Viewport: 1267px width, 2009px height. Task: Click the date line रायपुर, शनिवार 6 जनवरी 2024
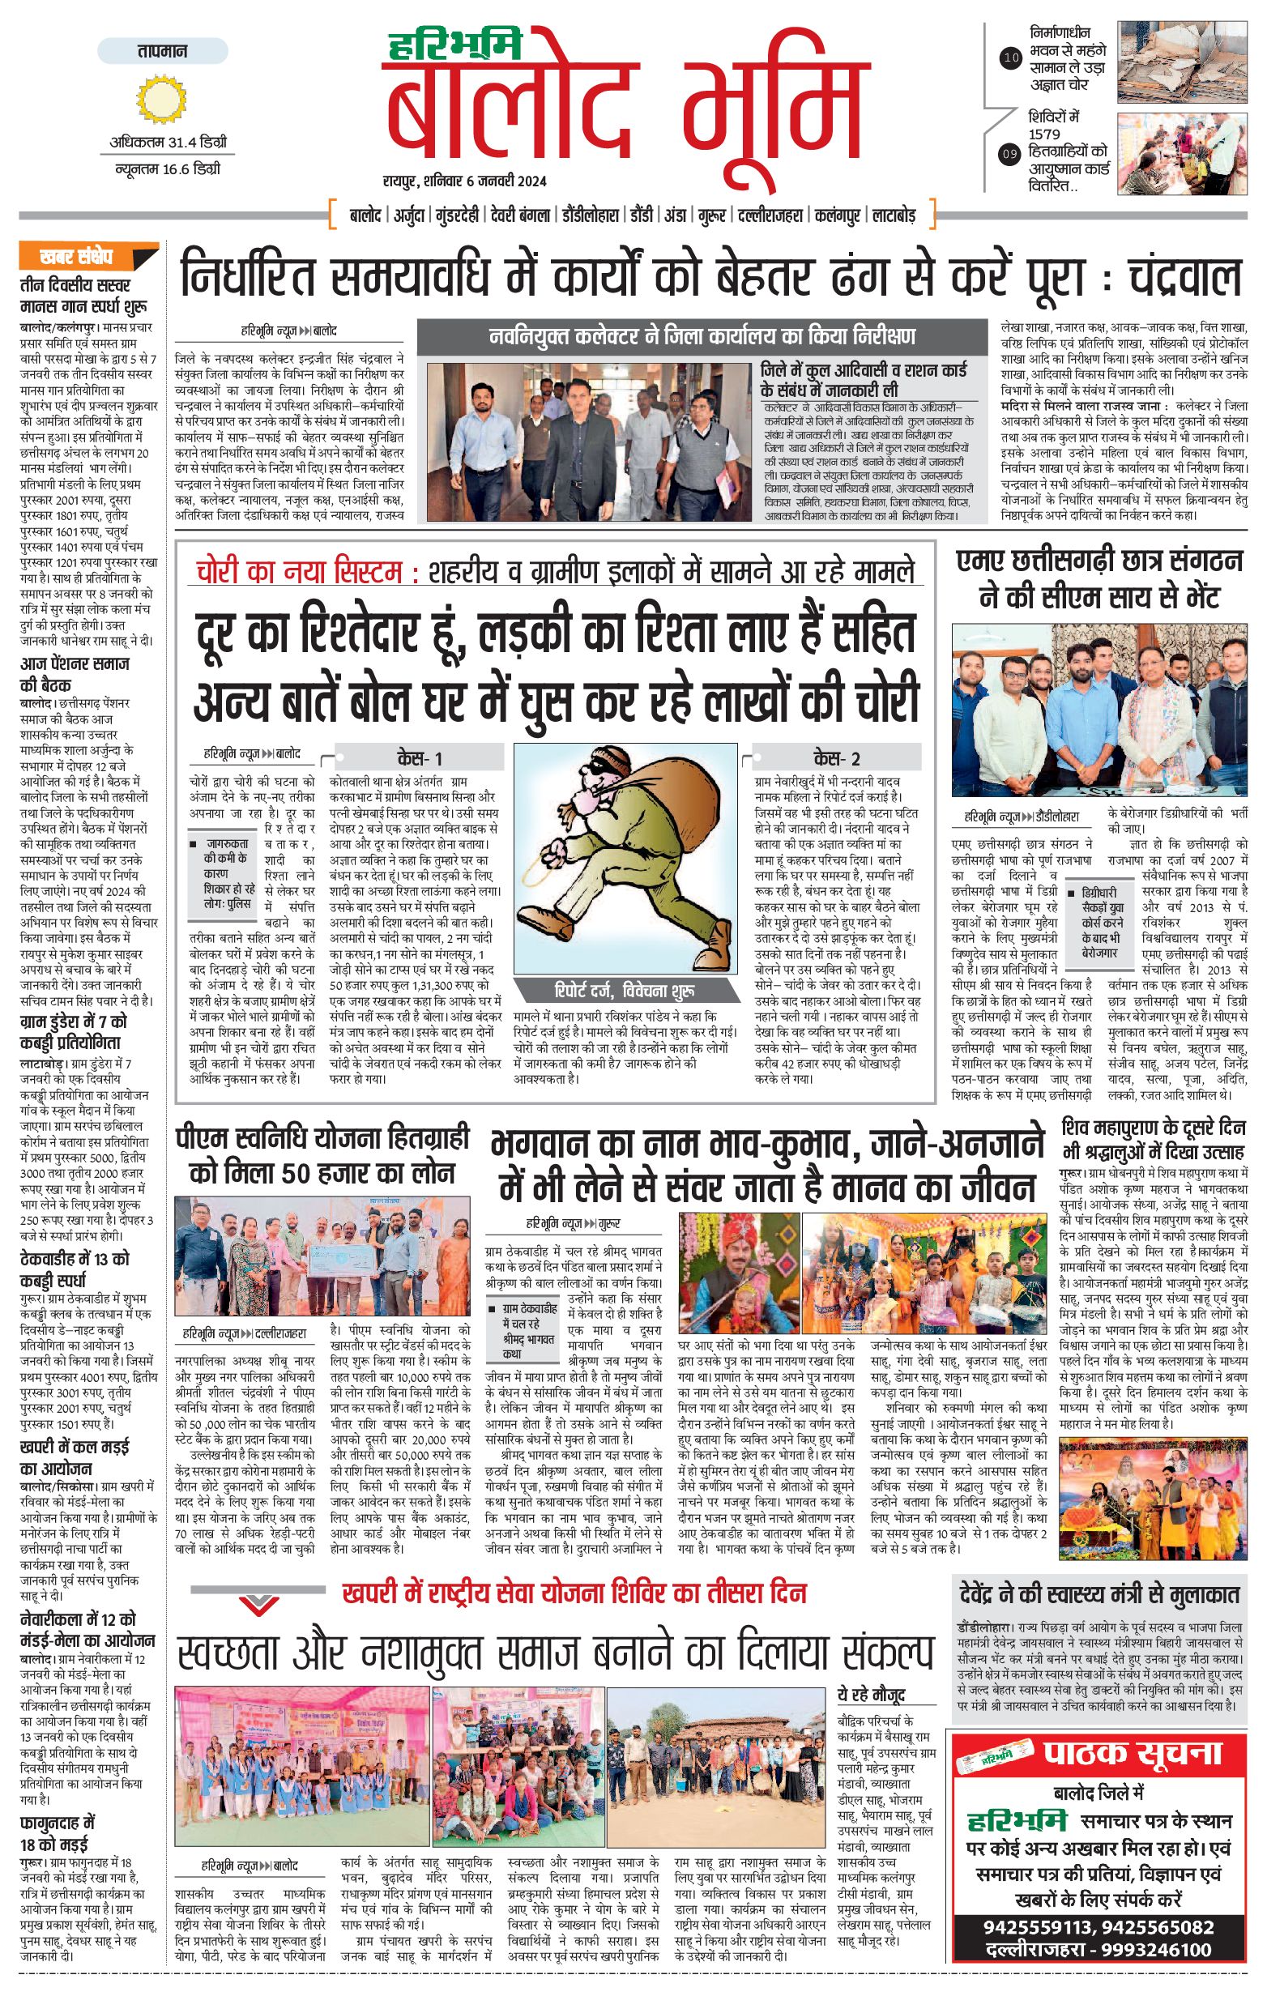click(465, 180)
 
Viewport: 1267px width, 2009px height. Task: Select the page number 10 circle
click(1011, 58)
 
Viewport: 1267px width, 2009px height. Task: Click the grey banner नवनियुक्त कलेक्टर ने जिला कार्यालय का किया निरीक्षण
click(702, 337)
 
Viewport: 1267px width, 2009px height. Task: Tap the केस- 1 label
click(420, 757)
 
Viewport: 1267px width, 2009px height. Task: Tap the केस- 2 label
click(837, 757)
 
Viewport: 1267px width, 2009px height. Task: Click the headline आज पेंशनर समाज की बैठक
click(75, 674)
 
